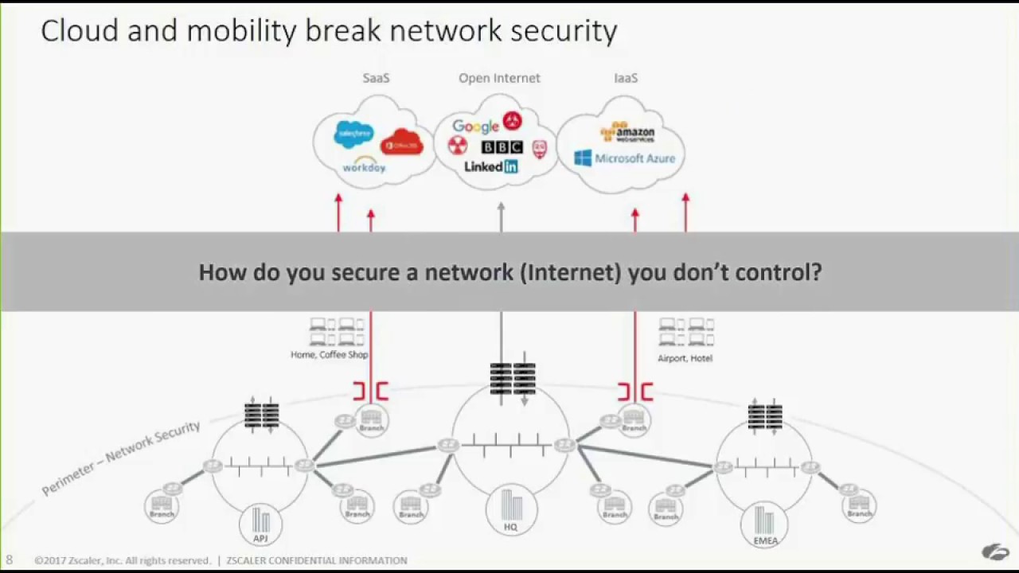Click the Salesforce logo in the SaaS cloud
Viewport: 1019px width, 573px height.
(x=354, y=134)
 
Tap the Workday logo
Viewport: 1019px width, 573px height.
(x=364, y=166)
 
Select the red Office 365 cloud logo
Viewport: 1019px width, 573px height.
(x=401, y=143)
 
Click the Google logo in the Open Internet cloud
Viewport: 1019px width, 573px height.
(x=475, y=126)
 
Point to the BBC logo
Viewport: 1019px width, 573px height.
(x=502, y=147)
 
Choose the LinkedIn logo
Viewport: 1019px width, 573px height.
(x=491, y=166)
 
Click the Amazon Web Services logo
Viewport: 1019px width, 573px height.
(x=627, y=132)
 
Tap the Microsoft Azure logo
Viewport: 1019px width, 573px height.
(x=625, y=158)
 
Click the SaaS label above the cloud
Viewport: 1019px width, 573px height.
(x=376, y=78)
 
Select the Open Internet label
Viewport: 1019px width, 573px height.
(x=499, y=78)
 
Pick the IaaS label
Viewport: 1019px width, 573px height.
(x=626, y=78)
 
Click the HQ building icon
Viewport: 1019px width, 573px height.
(x=511, y=509)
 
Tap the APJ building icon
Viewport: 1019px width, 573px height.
(x=261, y=524)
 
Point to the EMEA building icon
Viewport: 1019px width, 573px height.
(x=764, y=524)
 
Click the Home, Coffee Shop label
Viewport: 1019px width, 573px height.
(x=329, y=355)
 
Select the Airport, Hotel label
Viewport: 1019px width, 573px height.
(x=685, y=358)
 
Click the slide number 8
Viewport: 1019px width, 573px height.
(x=10, y=560)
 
